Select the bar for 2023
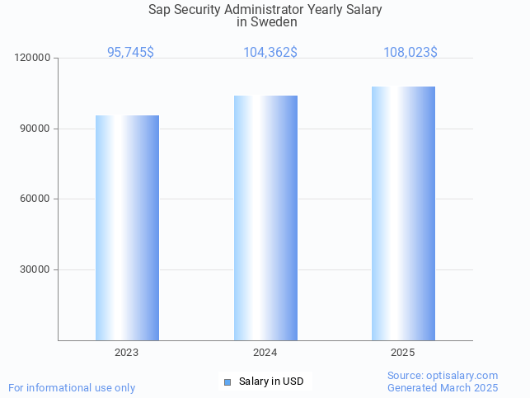coord(127,227)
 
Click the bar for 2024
coord(265,218)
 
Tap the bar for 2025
coord(403,213)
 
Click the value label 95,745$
coord(130,52)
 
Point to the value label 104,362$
coord(270,52)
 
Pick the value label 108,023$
coord(410,52)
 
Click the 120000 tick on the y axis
coord(33,59)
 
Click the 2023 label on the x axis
coord(127,353)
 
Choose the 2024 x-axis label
coord(265,353)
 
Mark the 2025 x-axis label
coord(403,353)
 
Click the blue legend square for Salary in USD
coord(227,382)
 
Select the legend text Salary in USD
coord(271,382)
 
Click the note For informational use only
coord(72,387)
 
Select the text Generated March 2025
coord(443,388)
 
